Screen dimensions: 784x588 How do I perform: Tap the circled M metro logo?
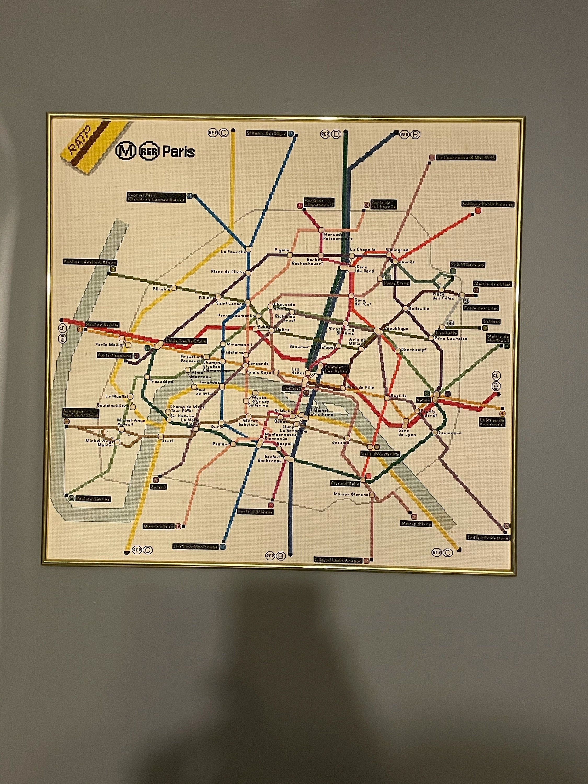tap(126, 151)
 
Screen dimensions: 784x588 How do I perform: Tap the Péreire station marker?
tap(174, 287)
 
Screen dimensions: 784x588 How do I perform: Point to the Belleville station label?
tap(419, 309)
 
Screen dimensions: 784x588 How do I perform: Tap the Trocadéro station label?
tap(161, 381)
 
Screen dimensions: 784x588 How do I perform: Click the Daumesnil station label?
tap(449, 433)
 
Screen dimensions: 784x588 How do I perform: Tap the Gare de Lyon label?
tap(407, 433)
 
